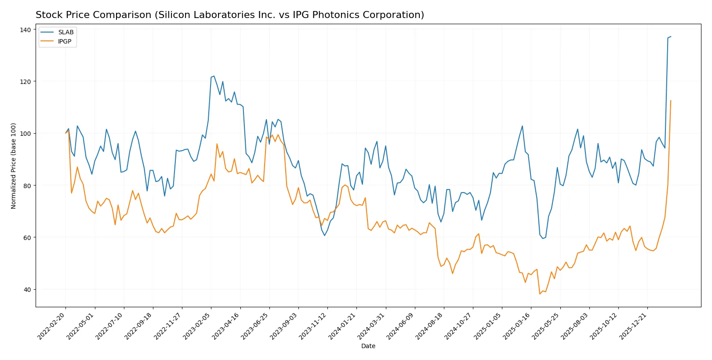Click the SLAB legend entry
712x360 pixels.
click(65, 32)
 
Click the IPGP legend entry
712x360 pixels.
click(65, 41)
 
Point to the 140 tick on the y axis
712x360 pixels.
click(25, 30)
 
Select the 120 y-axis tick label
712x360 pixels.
click(25, 82)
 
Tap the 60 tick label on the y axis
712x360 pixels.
click(27, 238)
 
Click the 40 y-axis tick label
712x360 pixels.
click(27, 290)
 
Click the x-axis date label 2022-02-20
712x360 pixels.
click(51, 326)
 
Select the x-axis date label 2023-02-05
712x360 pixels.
click(197, 326)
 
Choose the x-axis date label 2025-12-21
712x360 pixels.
click(633, 326)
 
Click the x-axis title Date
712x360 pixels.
click(368, 346)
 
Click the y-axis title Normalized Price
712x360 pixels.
click(14, 166)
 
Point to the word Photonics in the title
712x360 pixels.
click(336, 15)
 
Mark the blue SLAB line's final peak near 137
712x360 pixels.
click(671, 36)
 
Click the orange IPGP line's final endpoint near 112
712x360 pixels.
click(671, 101)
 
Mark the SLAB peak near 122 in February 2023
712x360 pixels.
click(214, 76)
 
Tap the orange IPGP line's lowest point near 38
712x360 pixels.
click(540, 294)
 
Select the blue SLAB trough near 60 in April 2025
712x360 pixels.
click(543, 239)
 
